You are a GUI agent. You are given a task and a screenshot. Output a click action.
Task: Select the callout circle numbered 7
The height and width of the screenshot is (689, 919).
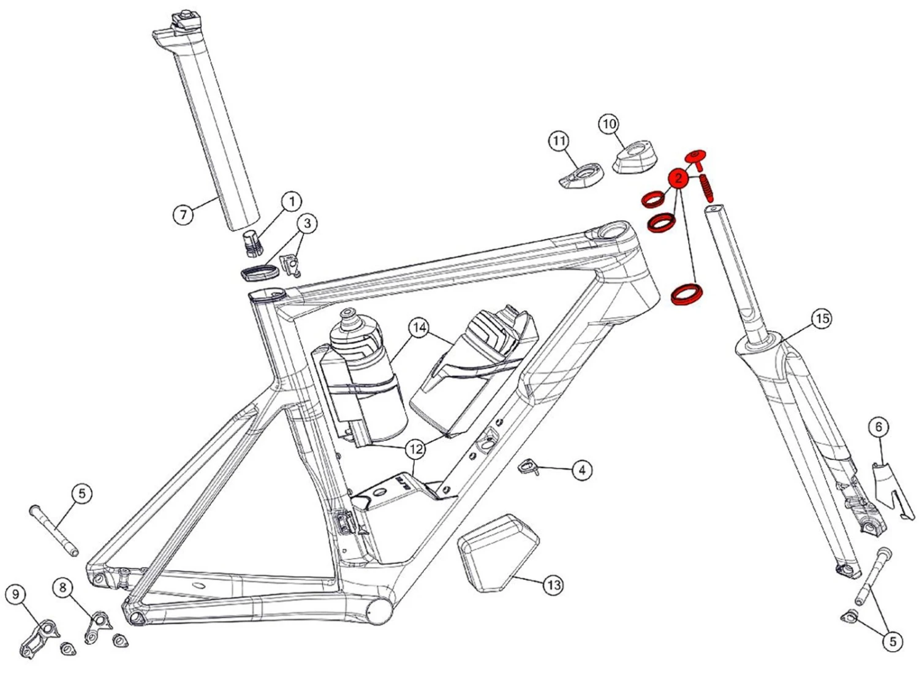click(183, 215)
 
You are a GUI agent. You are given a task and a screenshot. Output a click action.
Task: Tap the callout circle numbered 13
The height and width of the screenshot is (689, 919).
click(553, 585)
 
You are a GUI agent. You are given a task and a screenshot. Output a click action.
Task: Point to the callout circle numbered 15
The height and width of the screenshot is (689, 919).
click(822, 318)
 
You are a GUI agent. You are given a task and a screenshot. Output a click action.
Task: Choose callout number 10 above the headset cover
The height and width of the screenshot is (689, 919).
click(608, 124)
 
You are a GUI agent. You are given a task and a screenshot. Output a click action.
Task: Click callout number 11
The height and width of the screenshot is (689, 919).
click(559, 141)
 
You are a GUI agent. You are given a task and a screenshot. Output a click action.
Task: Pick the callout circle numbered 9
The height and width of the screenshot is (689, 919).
click(16, 594)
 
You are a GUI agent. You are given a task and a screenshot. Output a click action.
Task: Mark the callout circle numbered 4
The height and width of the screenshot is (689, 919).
click(581, 470)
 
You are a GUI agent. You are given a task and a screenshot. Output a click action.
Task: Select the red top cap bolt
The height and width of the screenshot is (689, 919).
click(696, 158)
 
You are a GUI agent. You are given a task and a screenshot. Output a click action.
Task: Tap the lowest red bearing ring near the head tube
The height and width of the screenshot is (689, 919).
click(686, 293)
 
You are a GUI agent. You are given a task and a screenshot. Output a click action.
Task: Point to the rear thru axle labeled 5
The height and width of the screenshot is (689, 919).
click(54, 530)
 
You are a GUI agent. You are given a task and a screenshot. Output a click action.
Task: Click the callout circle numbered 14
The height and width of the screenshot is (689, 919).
click(419, 328)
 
